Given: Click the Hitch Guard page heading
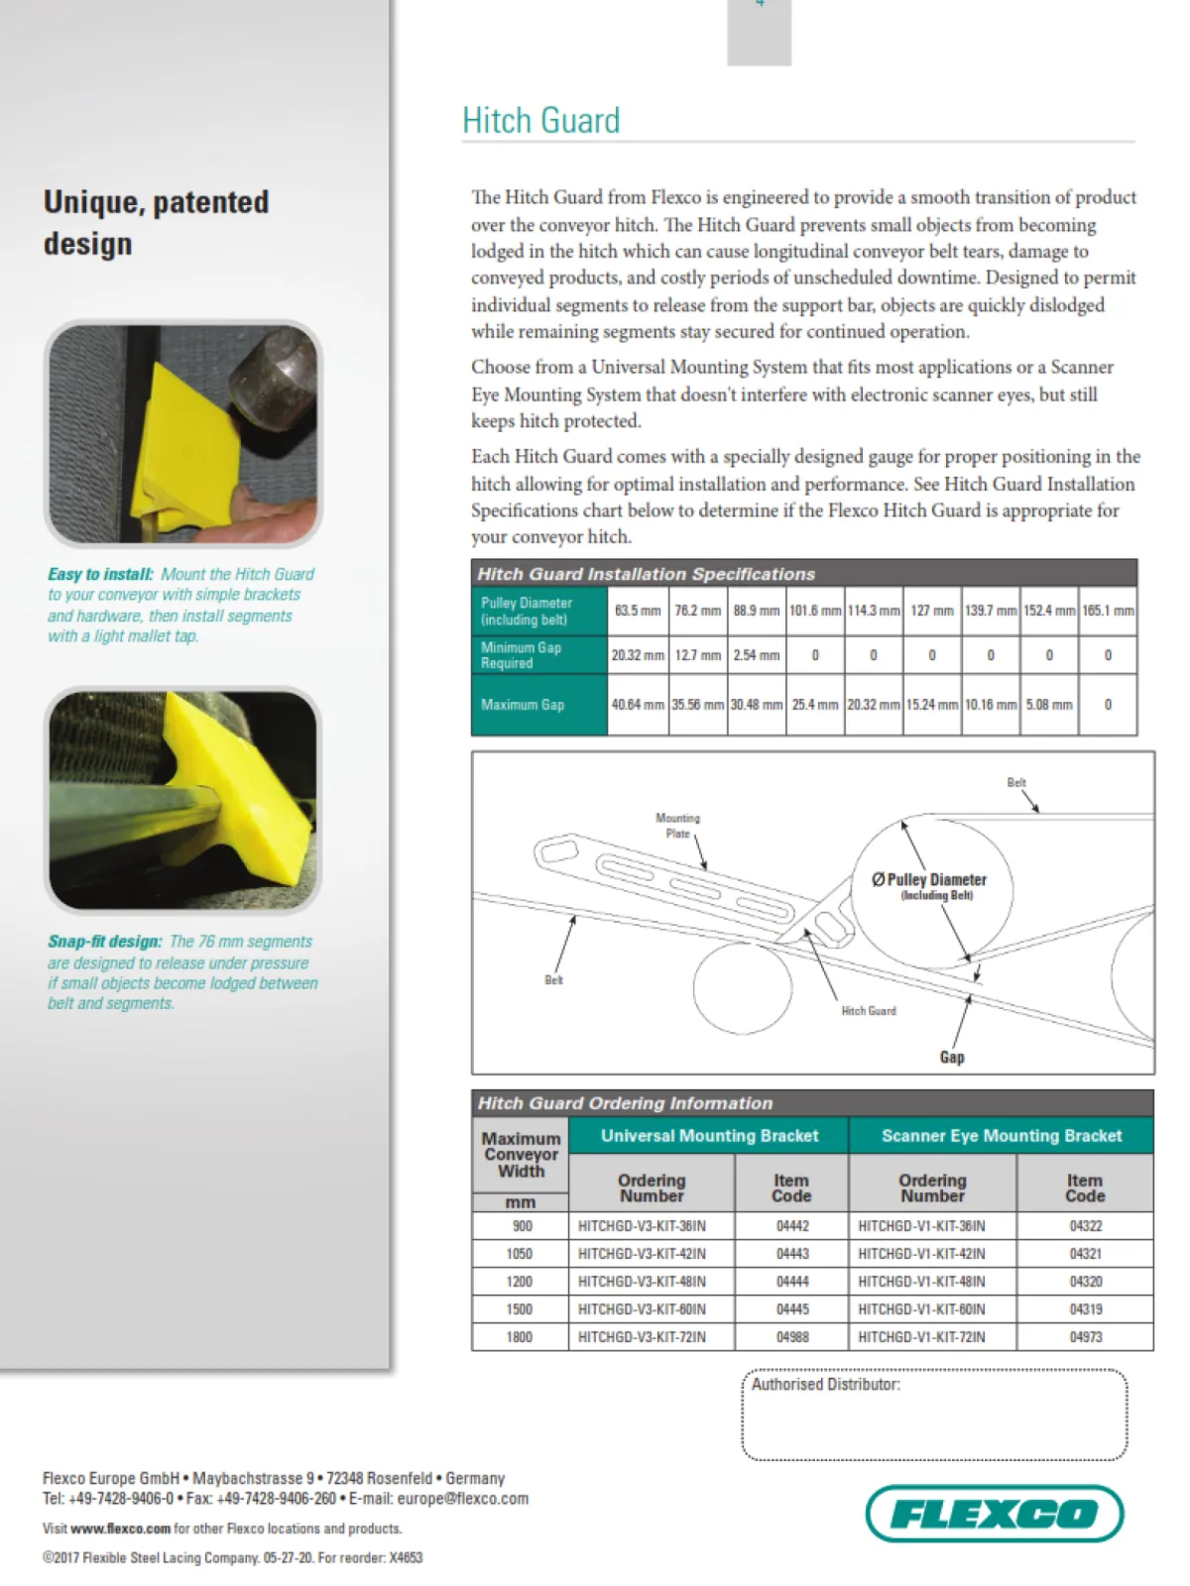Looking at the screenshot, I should point(540,121).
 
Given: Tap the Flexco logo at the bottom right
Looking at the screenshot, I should point(994,1513).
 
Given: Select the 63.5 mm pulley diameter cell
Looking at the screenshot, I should point(637,611).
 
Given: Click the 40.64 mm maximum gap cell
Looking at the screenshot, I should point(637,705).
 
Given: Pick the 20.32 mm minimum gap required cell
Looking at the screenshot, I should point(637,655).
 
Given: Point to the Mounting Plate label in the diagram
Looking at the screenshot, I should point(677,826).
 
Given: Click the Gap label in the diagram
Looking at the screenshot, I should point(951,1057).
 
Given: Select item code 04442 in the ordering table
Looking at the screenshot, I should point(791,1226).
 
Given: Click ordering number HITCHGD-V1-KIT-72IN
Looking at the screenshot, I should point(921,1337).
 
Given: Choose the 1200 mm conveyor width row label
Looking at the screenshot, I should point(520,1282).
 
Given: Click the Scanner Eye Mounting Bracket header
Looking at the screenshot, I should point(1001,1136).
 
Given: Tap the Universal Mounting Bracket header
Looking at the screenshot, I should point(709,1136).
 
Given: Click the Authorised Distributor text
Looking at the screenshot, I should point(825,1385).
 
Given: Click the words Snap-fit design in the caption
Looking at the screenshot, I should point(104,942).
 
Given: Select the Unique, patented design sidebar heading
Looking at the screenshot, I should point(156,222).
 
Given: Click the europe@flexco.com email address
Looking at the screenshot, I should point(462,1499).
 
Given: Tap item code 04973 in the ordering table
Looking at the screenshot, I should point(1085,1337).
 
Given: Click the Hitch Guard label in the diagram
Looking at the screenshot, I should point(868,1011).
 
